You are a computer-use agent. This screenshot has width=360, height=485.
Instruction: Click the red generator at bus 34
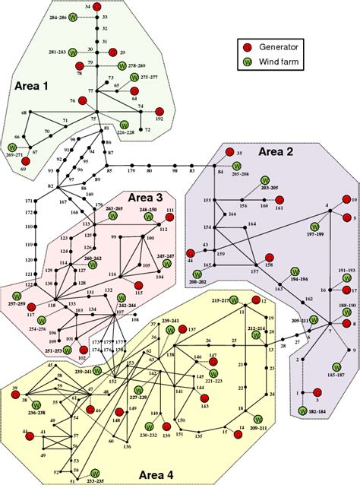coord(97,7)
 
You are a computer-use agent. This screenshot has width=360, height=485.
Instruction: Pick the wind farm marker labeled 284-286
coord(72,17)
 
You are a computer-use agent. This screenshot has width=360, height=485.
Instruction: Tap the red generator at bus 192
coord(159,109)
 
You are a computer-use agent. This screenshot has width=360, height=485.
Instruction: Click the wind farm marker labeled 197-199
coord(314,226)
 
